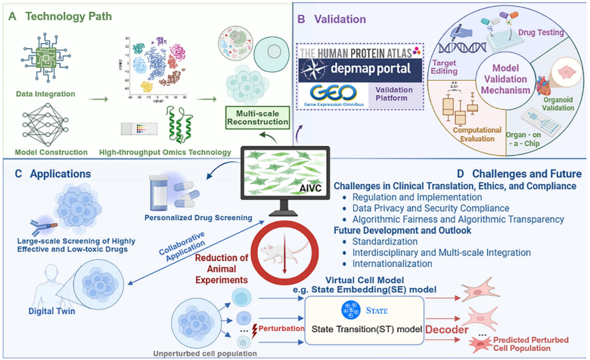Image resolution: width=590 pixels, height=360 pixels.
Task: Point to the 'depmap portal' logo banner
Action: (x=361, y=70)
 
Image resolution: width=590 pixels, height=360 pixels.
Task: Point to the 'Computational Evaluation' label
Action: (x=477, y=134)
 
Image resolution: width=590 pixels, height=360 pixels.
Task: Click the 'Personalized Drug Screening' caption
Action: (x=198, y=217)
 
